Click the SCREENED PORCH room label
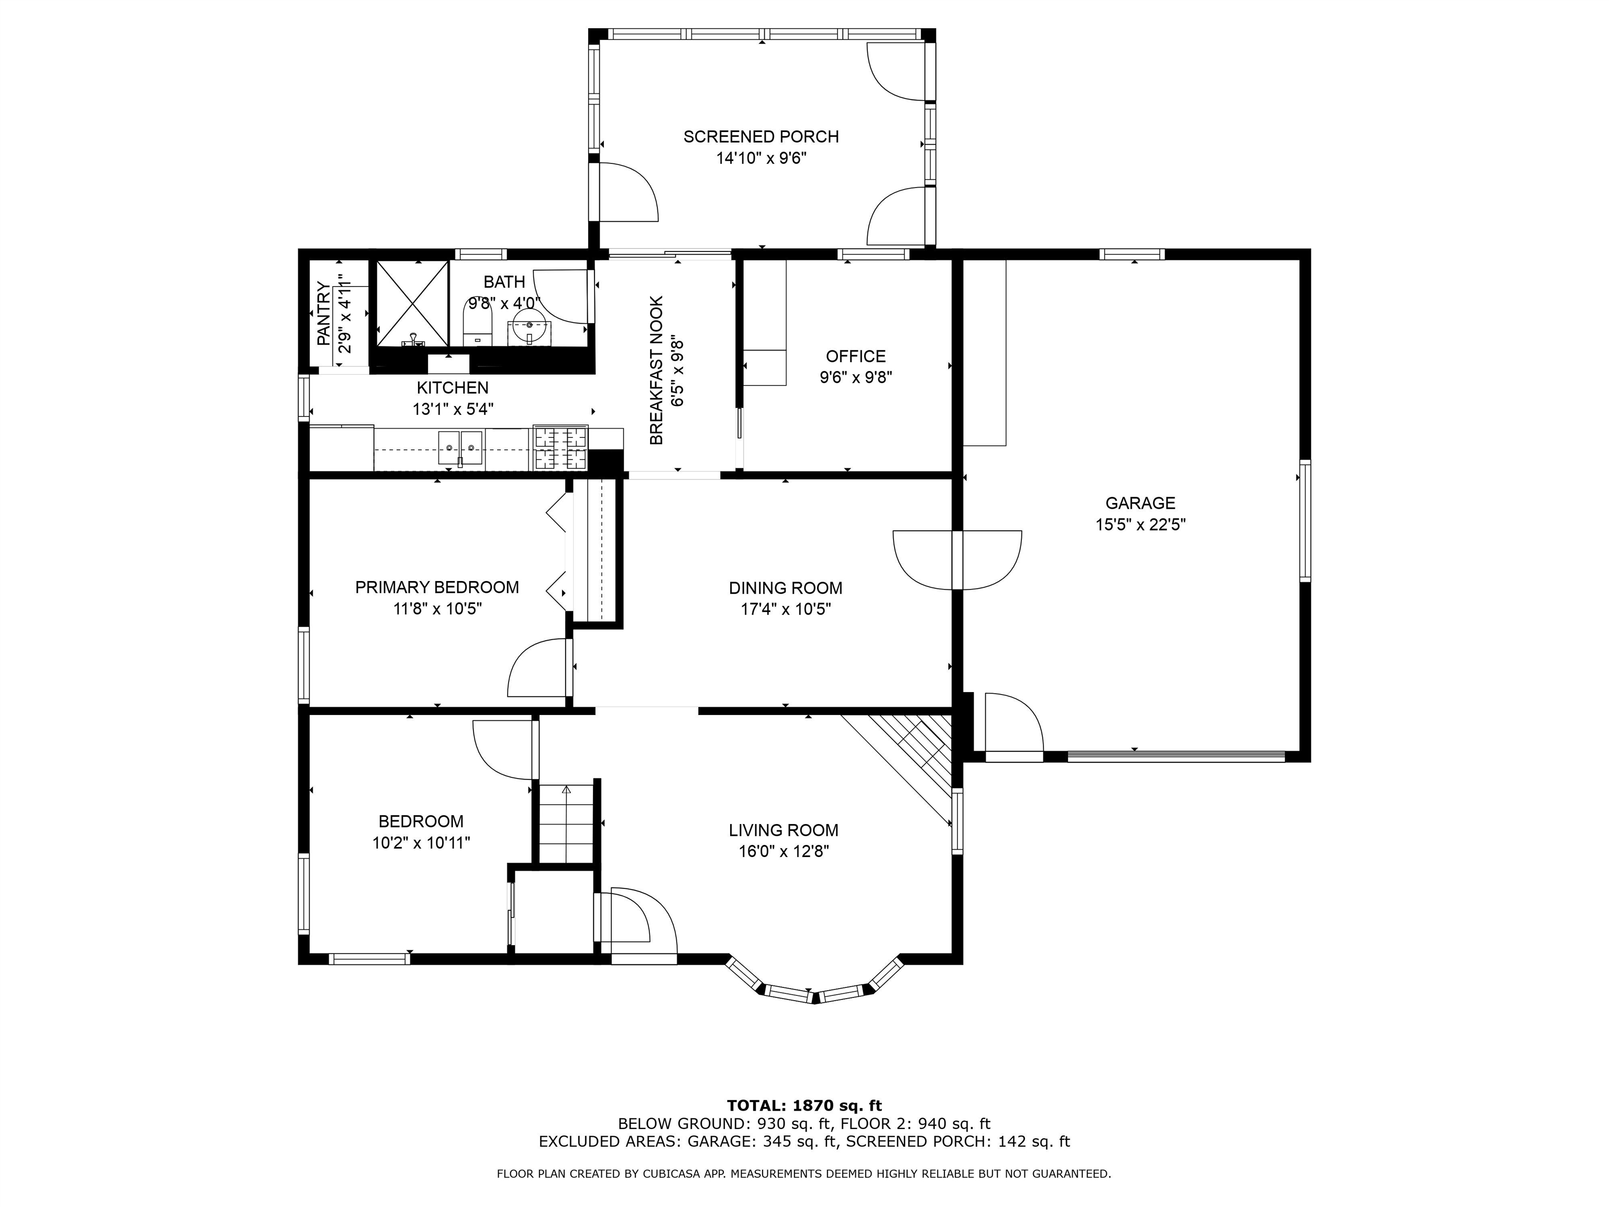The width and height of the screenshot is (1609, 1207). [761, 137]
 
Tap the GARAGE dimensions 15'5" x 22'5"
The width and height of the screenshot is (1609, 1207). [1141, 524]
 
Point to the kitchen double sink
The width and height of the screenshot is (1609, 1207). [460, 447]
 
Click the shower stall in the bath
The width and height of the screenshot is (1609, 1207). [412, 303]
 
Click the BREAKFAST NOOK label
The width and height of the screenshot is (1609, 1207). [656, 370]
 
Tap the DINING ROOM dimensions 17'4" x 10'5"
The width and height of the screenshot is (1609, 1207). [786, 609]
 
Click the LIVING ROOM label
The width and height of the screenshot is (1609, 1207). [784, 830]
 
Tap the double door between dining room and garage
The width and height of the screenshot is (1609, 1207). [957, 560]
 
